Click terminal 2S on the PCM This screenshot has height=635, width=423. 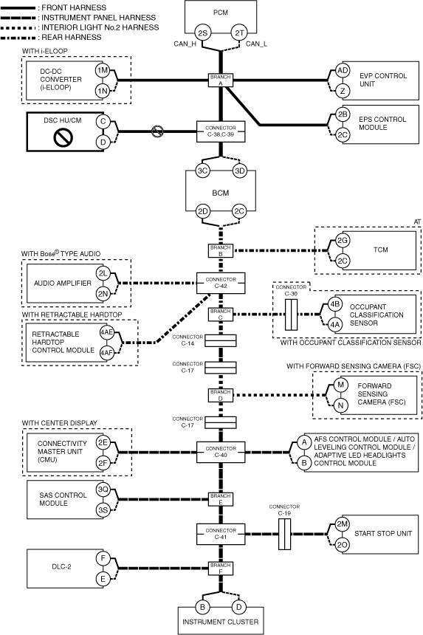[x=202, y=32]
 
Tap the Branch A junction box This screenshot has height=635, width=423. [x=221, y=80]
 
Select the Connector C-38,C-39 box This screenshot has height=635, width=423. [x=221, y=131]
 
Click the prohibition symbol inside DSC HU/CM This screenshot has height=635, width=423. [x=63, y=137]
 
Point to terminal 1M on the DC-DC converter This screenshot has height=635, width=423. [x=103, y=70]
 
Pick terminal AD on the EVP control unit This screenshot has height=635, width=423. [x=343, y=70]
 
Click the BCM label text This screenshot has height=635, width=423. [x=221, y=193]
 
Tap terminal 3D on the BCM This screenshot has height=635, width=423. [x=240, y=171]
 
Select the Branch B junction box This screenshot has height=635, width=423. [x=221, y=251]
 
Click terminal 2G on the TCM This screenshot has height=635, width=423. [x=343, y=241]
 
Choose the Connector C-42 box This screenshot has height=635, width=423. [x=221, y=283]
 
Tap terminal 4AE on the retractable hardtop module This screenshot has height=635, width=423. [x=106, y=332]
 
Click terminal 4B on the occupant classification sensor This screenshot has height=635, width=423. [x=334, y=304]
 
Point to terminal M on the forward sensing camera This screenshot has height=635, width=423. [x=340, y=385]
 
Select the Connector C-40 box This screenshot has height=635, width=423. [x=221, y=452]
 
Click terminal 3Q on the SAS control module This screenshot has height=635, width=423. [x=103, y=490]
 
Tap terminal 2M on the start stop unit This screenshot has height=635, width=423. [x=343, y=524]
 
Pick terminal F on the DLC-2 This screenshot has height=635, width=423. [x=103, y=558]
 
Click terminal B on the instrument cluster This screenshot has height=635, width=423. [x=202, y=607]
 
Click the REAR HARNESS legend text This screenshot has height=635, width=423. [x=72, y=37]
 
